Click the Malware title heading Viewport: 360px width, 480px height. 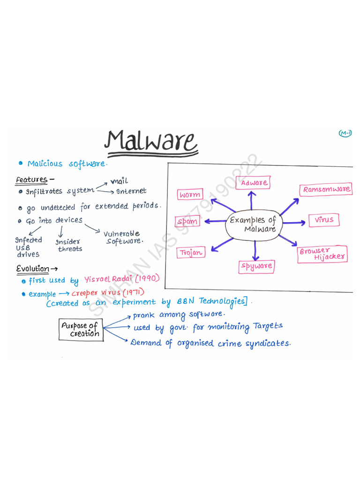(x=151, y=141)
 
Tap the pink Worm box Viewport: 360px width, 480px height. (x=190, y=195)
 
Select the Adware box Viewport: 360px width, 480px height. (x=255, y=183)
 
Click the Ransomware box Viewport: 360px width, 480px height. (x=326, y=190)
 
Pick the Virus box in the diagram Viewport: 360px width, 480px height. (x=323, y=219)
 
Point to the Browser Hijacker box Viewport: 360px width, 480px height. (x=323, y=254)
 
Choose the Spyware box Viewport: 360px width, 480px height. (x=256, y=266)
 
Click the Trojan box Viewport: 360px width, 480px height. (x=191, y=253)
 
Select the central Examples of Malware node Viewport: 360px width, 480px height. (x=254, y=225)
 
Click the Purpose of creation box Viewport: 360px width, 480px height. (x=81, y=330)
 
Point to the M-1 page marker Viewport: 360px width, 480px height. (x=345, y=134)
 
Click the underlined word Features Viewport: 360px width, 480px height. (x=32, y=180)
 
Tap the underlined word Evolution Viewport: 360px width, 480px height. (x=33, y=269)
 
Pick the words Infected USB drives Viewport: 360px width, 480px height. (x=28, y=247)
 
